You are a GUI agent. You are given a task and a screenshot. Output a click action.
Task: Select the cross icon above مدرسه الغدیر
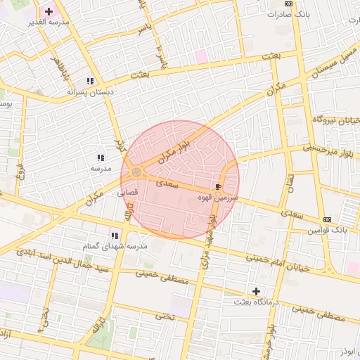[48, 12]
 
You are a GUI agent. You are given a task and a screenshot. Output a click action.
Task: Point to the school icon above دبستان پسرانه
[89, 81]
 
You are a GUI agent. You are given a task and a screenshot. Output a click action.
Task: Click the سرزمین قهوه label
[219, 199]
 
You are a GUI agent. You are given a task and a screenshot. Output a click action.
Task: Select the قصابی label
[127, 191]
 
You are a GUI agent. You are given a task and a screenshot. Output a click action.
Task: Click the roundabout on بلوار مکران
[136, 172]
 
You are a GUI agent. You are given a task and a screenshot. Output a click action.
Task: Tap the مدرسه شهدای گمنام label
[115, 246]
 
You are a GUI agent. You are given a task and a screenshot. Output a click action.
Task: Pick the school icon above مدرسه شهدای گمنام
[113, 236]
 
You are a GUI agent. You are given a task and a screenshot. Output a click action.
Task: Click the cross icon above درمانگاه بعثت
[256, 290]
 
